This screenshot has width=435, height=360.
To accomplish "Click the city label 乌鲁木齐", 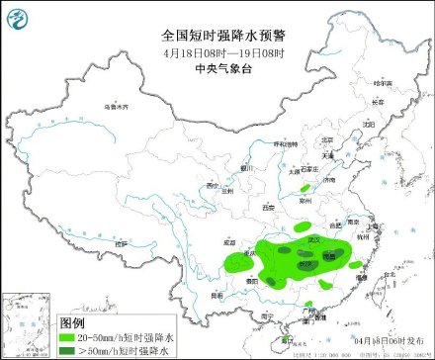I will (117, 105).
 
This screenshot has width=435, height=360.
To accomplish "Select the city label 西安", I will (267, 208).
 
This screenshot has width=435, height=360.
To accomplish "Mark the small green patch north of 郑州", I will (305, 186).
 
